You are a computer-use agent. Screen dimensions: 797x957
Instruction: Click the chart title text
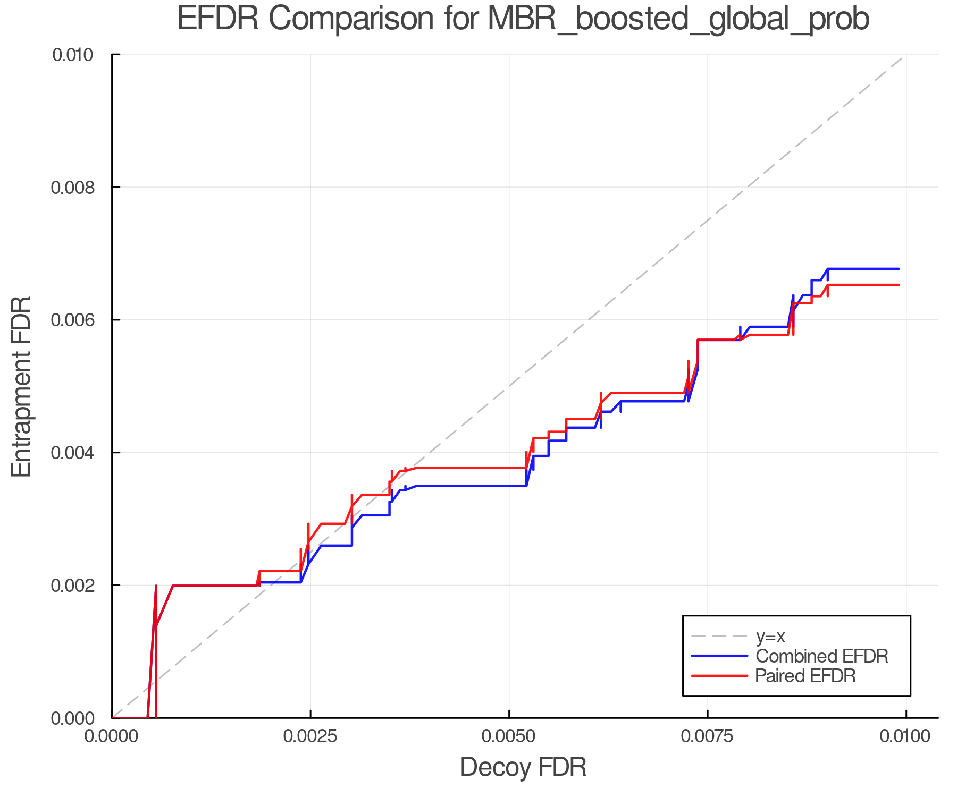[523, 19]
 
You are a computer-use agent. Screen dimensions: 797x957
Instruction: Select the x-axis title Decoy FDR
[523, 767]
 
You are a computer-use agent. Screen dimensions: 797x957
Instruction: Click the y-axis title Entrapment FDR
[21, 386]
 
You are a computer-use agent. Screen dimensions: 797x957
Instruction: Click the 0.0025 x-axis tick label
[310, 736]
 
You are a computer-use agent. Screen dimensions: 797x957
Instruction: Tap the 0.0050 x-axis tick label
[509, 736]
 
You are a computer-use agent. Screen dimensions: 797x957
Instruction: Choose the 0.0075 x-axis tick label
[708, 736]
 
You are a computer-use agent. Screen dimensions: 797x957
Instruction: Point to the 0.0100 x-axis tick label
[905, 736]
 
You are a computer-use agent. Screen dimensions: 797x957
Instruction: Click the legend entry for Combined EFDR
[821, 656]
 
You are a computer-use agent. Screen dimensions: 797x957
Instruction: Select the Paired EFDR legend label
[805, 676]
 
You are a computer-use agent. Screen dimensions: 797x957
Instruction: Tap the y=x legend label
[770, 636]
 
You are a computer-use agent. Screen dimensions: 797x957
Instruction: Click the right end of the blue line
[899, 269]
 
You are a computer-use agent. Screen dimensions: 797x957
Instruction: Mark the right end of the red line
[899, 285]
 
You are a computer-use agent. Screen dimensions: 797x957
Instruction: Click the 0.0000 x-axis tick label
[112, 736]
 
